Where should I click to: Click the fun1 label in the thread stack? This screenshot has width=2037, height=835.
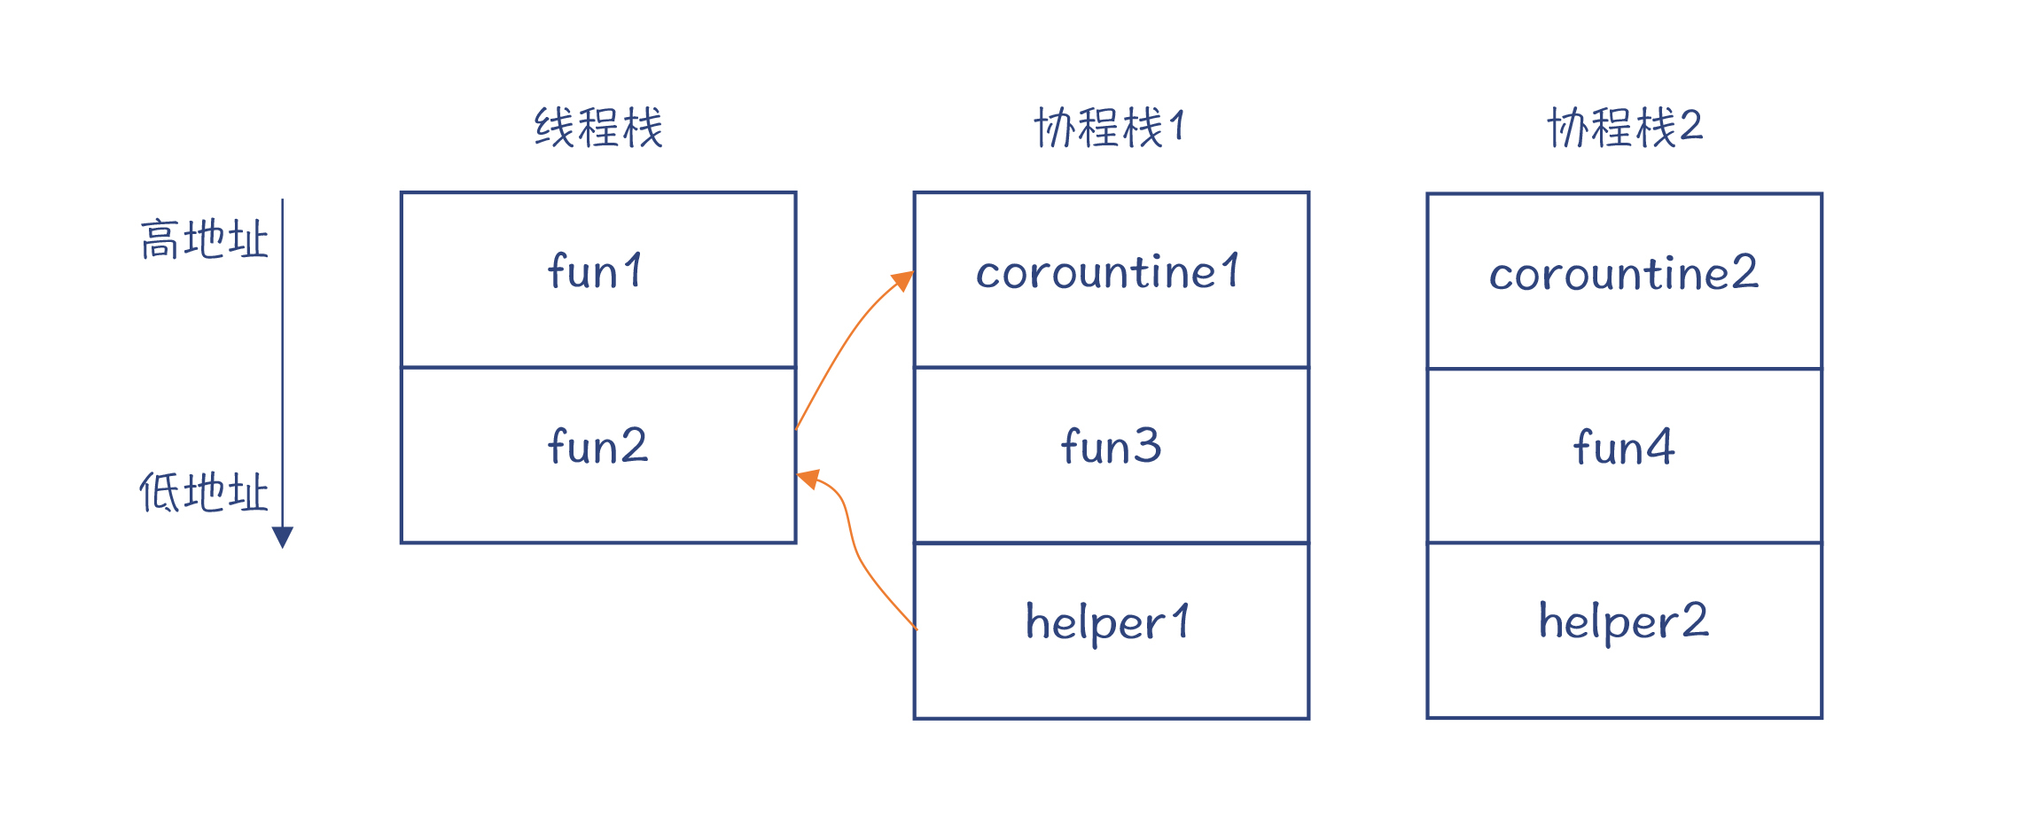point(596,271)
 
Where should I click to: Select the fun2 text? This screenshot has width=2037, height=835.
point(597,446)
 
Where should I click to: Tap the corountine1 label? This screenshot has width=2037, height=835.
point(1108,272)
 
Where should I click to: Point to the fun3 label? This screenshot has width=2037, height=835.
point(1111,446)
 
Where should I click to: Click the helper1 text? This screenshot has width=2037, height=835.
point(1108,622)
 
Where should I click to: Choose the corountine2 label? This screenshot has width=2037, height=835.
point(1623,273)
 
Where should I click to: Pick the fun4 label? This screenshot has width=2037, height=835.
point(1624,447)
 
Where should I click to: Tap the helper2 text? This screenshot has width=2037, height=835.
point(1623,620)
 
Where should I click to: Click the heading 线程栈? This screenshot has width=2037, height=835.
point(598,128)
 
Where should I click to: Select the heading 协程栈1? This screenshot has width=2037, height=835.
point(1109,128)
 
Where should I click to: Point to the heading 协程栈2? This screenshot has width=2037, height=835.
point(1624,128)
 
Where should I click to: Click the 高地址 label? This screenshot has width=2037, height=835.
point(204,239)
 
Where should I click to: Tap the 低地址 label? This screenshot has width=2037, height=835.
point(204,493)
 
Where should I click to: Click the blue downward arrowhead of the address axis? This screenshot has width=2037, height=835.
point(283,537)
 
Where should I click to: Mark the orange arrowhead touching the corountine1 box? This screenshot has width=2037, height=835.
point(903,281)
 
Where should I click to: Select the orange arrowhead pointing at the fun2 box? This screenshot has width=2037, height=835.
point(808,480)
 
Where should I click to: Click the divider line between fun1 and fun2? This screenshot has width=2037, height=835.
point(598,367)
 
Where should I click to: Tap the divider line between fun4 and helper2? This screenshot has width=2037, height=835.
point(1624,542)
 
